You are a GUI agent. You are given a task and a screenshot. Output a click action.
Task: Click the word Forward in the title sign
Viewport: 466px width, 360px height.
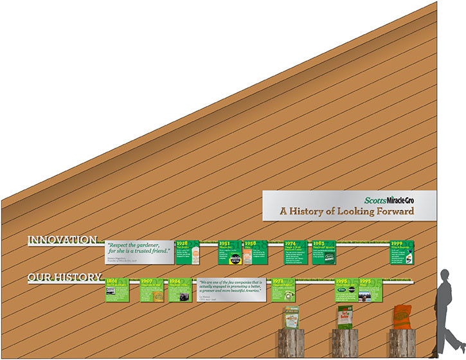coord(394,211)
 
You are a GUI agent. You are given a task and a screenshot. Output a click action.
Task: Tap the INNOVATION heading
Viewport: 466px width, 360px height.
coord(62,240)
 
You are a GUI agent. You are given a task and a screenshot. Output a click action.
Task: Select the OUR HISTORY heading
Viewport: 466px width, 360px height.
coord(64,278)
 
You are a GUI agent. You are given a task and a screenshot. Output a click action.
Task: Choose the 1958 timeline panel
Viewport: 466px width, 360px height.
coord(256,253)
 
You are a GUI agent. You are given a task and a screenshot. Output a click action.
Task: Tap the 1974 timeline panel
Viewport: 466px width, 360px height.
coord(296,253)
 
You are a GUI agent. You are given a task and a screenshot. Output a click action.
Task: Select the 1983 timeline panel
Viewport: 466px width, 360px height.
coord(325,253)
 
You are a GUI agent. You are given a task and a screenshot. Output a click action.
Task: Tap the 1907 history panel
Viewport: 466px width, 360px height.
coord(152,290)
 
